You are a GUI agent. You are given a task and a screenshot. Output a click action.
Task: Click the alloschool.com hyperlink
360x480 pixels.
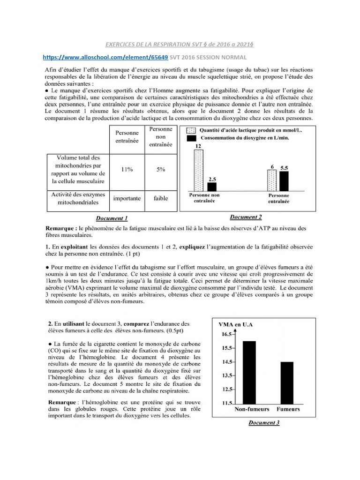pos(105,57)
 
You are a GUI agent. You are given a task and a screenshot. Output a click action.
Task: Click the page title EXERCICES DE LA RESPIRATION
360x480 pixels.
pos(180,44)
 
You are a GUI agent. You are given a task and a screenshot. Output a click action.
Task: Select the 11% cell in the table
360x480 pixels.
pos(126,169)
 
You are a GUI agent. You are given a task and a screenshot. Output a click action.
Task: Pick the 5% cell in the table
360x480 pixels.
pos(161,169)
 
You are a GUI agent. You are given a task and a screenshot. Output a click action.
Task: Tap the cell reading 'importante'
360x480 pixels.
pos(126,198)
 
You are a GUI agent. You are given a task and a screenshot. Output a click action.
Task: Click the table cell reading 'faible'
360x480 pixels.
pos(161,198)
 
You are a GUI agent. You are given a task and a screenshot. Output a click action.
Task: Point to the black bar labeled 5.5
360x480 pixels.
pos(285,180)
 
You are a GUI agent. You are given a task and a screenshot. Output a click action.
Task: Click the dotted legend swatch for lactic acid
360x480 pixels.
pos(191,131)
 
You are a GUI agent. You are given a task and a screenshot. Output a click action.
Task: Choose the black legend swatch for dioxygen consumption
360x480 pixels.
pos(191,138)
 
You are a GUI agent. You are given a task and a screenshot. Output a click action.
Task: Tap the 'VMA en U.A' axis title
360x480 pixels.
pos(239,324)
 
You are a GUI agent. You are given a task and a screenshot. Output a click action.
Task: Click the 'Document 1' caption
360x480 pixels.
pos(112,218)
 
